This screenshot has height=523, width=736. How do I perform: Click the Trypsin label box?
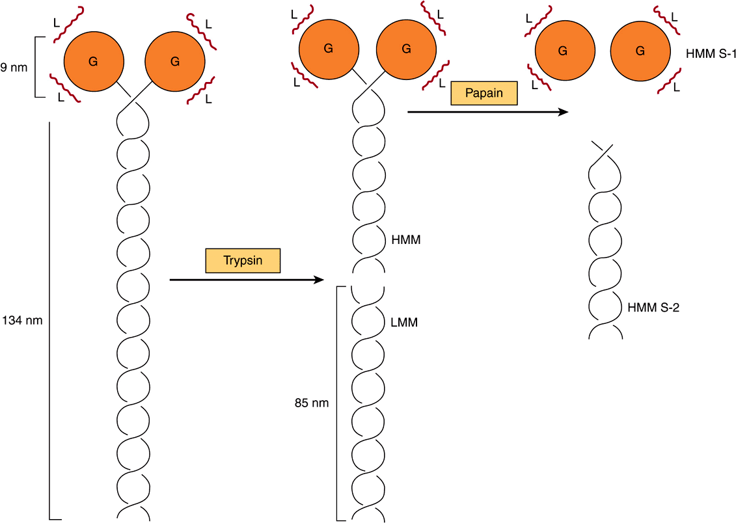click(x=243, y=261)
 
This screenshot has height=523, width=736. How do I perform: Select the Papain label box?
click(x=484, y=93)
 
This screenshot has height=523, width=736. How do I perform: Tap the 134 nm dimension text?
click(x=22, y=320)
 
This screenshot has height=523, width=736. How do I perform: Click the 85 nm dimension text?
click(x=312, y=403)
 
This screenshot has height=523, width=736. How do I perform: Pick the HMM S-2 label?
click(x=653, y=308)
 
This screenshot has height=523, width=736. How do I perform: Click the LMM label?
click(x=404, y=322)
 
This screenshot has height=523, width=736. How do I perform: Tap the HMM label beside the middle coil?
click(x=406, y=240)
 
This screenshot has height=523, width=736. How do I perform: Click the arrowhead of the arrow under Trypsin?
click(x=318, y=280)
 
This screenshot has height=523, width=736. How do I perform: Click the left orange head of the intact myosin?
click(x=94, y=62)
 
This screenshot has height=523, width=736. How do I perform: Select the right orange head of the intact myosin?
click(x=174, y=62)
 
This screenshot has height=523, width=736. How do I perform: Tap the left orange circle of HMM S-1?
click(x=564, y=50)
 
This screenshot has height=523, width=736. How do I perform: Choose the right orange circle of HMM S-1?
click(x=640, y=50)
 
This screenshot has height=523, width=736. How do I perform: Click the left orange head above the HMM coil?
click(x=328, y=48)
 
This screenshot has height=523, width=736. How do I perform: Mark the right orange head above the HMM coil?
click(x=406, y=48)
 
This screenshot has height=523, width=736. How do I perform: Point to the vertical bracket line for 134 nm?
click(x=50, y=320)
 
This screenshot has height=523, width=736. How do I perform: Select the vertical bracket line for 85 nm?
click(x=336, y=403)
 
